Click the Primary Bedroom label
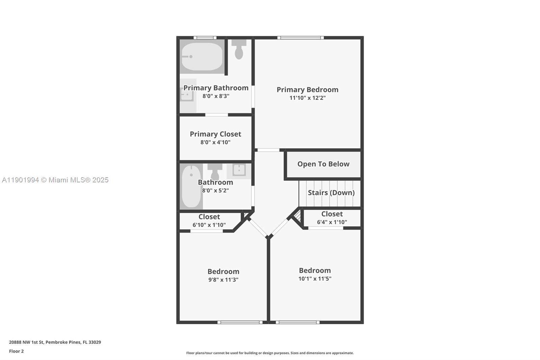click(307, 89)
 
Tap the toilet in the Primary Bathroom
click(239, 49)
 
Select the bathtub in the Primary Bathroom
click(202, 56)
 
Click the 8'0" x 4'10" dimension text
click(215, 142)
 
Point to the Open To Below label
click(323, 164)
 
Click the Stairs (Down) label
click(331, 192)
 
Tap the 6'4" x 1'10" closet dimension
click(332, 222)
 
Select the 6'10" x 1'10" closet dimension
click(209, 225)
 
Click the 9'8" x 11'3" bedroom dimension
click(223, 280)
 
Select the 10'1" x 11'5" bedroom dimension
click(315, 279)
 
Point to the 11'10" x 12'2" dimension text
click(307, 98)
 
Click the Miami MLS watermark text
click(55, 180)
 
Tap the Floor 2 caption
click(16, 351)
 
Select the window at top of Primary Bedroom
click(300, 37)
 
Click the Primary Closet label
click(215, 134)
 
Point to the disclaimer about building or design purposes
click(270, 353)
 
